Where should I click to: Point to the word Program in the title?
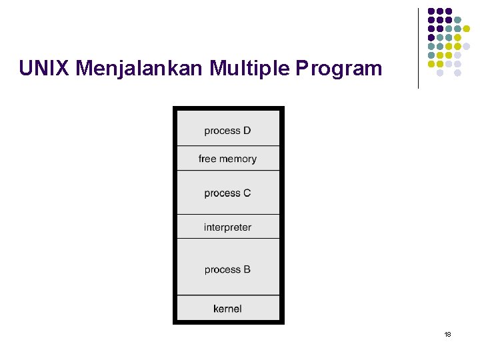tap(339, 68)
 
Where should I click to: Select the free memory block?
tap(228, 159)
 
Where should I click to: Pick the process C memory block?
tap(228, 193)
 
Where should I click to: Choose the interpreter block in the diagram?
tap(228, 227)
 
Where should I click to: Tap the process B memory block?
tap(228, 269)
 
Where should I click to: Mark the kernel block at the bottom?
tap(228, 309)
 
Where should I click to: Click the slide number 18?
tap(448, 333)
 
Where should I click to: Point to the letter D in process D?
tap(247, 131)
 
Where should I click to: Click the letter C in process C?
tap(247, 193)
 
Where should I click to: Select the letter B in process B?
tap(247, 269)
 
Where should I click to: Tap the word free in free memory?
tap(207, 159)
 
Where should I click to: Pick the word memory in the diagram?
tap(238, 159)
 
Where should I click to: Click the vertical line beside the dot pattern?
tap(418, 48)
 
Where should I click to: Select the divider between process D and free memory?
tap(228, 145)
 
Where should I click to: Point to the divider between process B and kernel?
tap(228, 295)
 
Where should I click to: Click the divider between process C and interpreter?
tap(228, 214)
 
